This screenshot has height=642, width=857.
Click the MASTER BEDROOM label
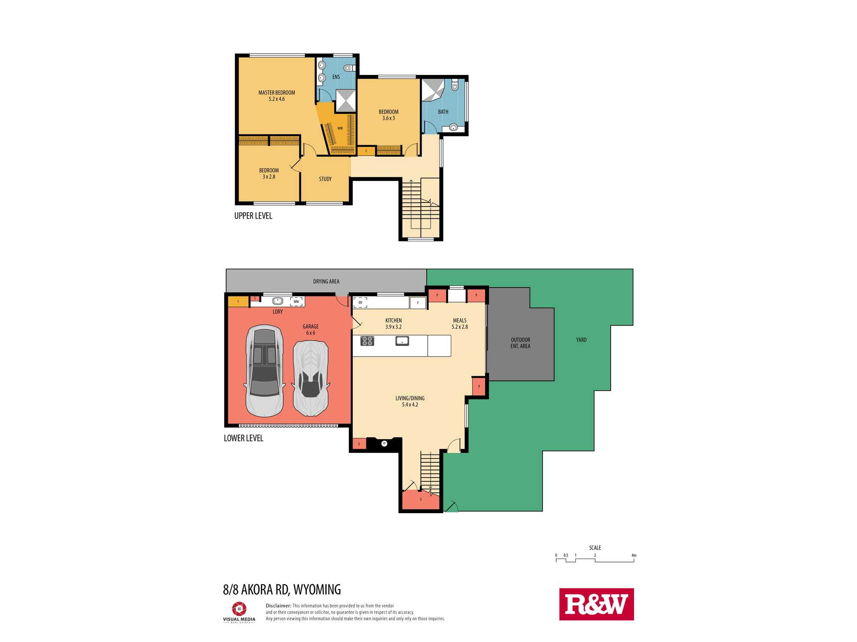point(276,92)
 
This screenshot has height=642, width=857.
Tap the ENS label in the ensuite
point(336,77)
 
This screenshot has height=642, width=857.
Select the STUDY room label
point(325,179)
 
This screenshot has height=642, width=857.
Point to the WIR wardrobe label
point(340,128)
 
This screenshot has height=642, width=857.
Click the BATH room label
point(443,112)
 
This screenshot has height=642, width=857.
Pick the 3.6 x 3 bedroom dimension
point(389,118)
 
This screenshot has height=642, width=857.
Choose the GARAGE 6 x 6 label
point(311,330)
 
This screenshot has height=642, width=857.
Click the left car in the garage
point(264,371)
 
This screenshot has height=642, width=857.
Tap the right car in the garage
point(311,378)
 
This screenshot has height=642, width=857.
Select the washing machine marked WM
point(296,302)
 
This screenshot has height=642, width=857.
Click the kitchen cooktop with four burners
point(367,341)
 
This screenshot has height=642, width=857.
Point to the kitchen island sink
point(402,341)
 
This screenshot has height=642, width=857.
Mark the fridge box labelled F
point(418,303)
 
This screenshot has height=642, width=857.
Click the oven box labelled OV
point(360,303)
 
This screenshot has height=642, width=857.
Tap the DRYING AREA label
point(326,281)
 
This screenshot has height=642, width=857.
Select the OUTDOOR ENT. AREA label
point(520,343)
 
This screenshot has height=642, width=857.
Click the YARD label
point(581,340)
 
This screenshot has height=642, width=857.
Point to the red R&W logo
point(596,604)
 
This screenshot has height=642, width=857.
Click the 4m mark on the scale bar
point(634,556)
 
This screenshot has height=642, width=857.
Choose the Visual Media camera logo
point(239,609)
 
